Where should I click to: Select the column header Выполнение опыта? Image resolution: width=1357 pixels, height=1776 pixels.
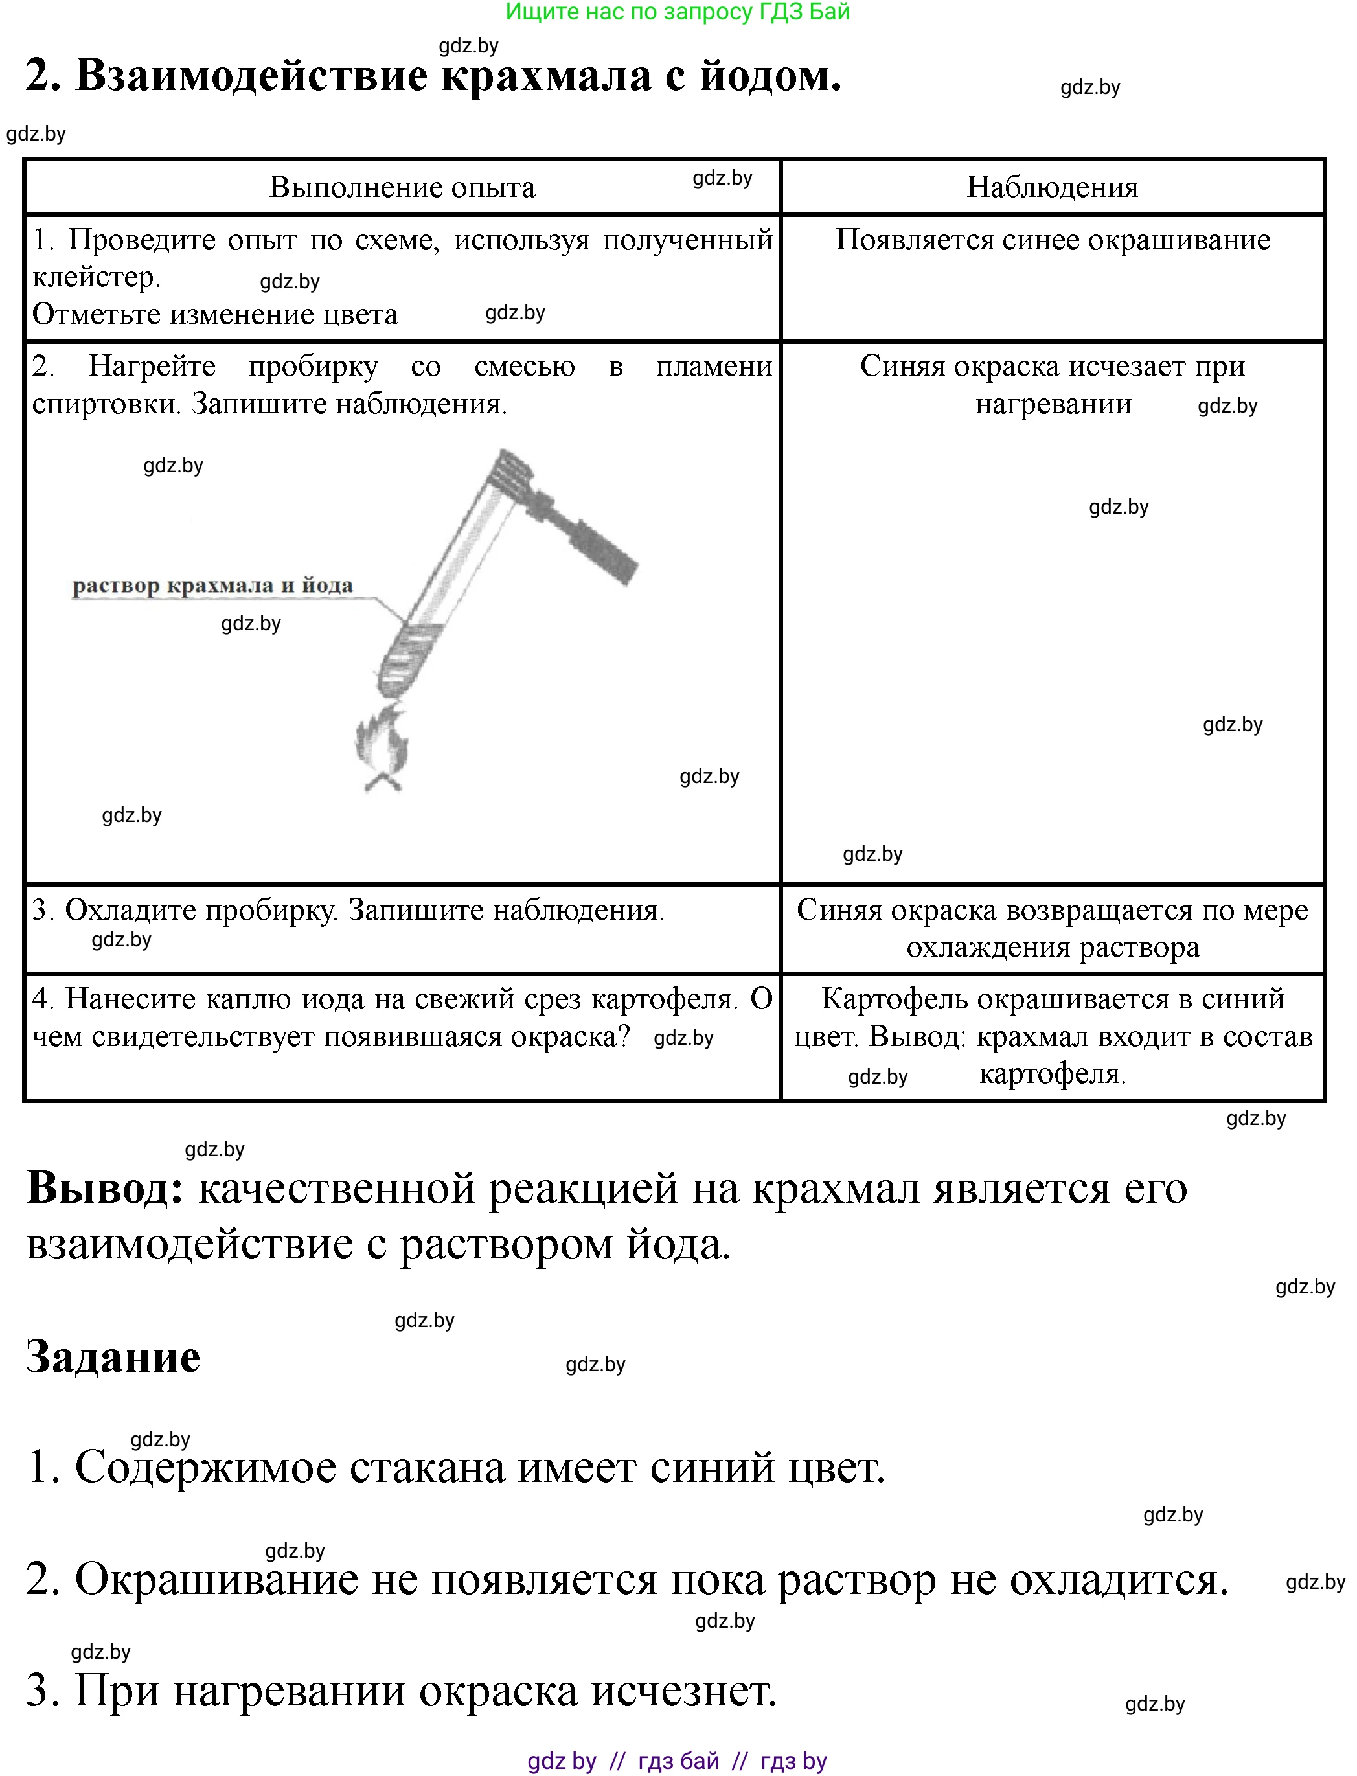(402, 187)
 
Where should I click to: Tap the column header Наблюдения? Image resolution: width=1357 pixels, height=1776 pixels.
(1052, 187)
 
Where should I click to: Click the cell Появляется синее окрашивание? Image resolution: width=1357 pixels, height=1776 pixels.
(1052, 240)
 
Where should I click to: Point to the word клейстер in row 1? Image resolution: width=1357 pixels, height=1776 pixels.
(95, 278)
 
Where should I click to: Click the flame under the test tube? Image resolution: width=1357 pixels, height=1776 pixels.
(382, 747)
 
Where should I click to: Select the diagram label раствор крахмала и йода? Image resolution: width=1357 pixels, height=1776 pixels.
(212, 586)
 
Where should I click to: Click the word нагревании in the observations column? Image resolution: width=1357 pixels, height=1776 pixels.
(1053, 404)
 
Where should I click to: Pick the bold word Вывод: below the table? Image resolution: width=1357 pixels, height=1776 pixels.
(105, 1189)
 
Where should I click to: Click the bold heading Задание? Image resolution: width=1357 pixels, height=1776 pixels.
(113, 1357)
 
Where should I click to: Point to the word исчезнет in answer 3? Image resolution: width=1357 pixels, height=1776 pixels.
(683, 1690)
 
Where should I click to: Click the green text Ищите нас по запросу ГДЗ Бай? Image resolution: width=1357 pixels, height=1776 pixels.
(677, 12)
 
